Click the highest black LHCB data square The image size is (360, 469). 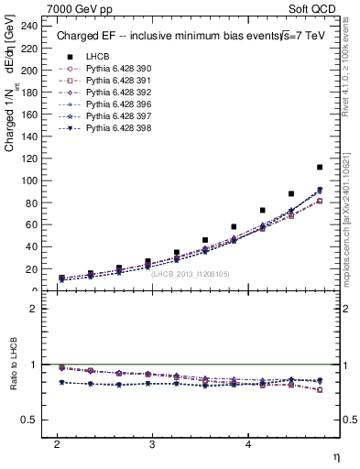click(x=319, y=168)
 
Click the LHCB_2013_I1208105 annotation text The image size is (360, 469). click(x=191, y=273)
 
